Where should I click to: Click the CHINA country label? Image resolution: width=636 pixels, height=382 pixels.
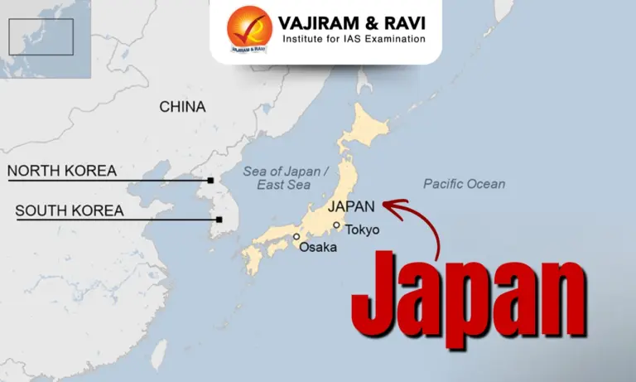(x=182, y=107)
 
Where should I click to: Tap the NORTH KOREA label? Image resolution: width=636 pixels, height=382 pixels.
(x=62, y=172)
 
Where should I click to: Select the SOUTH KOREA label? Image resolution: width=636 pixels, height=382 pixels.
(x=70, y=211)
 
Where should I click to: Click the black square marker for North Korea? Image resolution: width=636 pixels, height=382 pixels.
(x=210, y=180)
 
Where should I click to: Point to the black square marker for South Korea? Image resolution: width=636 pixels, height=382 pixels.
(x=219, y=220)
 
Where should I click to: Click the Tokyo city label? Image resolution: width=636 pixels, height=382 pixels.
(x=362, y=230)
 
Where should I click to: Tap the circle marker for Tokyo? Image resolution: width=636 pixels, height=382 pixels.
(x=336, y=225)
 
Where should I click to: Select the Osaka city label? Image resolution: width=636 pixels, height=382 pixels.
(x=318, y=247)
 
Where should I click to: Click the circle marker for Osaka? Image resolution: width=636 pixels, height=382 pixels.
(x=296, y=237)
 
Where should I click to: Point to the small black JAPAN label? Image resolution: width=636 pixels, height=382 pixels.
(x=351, y=206)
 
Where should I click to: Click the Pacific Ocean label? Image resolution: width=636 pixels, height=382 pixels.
(x=464, y=183)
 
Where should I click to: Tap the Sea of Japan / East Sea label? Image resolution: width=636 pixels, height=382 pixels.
(x=287, y=177)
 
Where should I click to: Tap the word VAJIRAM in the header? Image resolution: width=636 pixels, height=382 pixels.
(x=319, y=19)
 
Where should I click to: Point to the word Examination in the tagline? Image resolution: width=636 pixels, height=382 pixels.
(x=389, y=38)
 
